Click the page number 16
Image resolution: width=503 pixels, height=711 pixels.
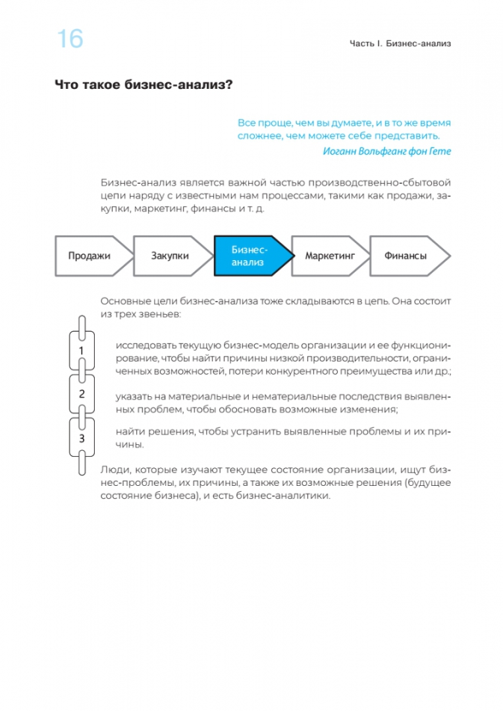(x=70, y=40)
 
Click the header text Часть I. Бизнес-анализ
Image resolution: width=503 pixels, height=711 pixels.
(x=403, y=44)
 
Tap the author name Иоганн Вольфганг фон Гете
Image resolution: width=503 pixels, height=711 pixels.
(x=388, y=151)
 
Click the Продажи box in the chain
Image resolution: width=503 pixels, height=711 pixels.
(x=89, y=255)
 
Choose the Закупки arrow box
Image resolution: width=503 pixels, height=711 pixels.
(x=170, y=255)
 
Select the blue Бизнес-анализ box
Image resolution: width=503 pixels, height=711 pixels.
(x=248, y=255)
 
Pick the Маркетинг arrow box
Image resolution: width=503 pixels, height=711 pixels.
(x=329, y=255)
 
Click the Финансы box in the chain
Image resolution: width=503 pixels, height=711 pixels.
(x=406, y=255)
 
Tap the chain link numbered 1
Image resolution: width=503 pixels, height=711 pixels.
(x=81, y=350)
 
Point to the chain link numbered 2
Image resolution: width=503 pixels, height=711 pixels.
(x=82, y=394)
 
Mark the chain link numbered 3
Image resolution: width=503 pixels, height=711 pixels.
(x=82, y=438)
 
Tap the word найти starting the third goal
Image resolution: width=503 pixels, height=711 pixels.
(x=130, y=432)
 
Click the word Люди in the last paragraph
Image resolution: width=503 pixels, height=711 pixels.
(x=116, y=469)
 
